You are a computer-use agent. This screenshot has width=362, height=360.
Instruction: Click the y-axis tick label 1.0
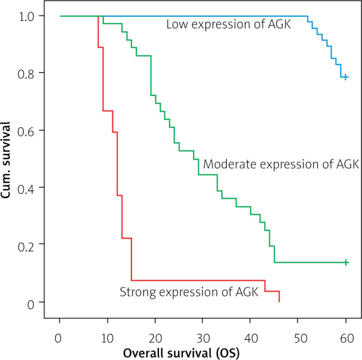26,17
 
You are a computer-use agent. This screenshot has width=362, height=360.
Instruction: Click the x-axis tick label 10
107,339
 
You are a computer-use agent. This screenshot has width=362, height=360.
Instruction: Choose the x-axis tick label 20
155,339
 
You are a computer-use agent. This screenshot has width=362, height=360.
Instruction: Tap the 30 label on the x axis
203,339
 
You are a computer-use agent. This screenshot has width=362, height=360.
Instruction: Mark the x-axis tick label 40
251,339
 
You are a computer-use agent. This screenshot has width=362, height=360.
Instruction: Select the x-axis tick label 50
301,339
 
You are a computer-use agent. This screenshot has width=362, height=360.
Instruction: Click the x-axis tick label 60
347,339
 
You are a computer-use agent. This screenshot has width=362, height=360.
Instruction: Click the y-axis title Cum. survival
5,159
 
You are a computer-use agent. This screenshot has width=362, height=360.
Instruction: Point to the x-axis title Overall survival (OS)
181,353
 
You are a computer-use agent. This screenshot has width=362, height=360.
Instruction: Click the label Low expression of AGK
229,24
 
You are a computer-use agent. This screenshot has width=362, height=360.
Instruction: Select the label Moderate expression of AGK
281,164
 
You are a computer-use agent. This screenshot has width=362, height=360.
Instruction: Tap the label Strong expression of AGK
189,292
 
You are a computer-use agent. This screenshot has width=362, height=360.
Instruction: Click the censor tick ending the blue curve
345,77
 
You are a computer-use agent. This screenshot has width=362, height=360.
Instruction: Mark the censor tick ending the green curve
346,262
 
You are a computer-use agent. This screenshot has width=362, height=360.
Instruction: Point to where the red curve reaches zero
279,302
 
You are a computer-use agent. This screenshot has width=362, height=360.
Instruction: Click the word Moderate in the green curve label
230,164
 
